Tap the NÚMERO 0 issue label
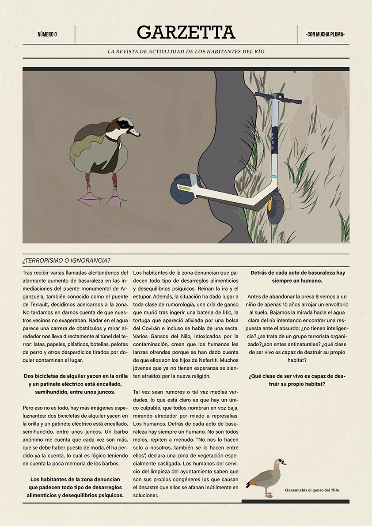pyautogui.click(x=47, y=34)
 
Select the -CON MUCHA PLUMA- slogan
pyautogui.click(x=325, y=34)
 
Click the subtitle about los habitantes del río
pyautogui.click(x=186, y=51)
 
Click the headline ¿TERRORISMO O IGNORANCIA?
pyautogui.click(x=66, y=261)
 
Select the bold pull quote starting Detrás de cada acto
pyautogui.click(x=298, y=276)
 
